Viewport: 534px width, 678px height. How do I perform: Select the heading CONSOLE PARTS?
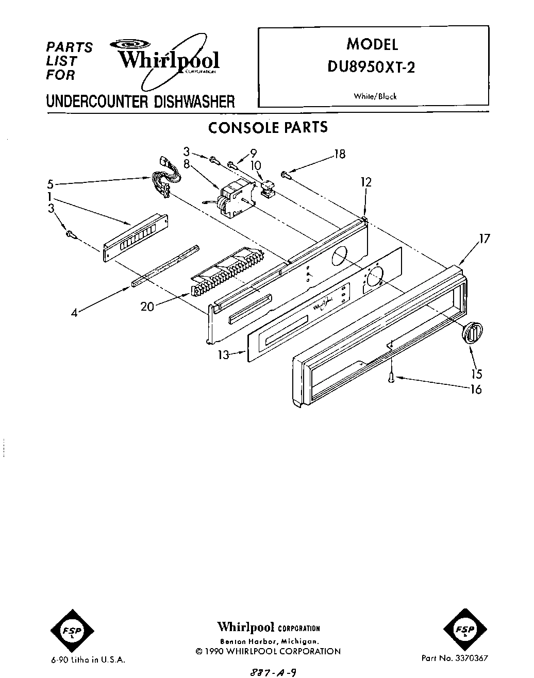pyautogui.click(x=268, y=127)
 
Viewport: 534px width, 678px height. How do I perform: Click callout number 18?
pyautogui.click(x=339, y=154)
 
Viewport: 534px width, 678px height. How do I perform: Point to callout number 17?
pyautogui.click(x=484, y=239)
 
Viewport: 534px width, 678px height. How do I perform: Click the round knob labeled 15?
pyautogui.click(x=472, y=332)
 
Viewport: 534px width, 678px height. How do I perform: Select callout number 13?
pyautogui.click(x=223, y=355)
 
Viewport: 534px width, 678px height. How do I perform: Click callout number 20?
pyautogui.click(x=147, y=307)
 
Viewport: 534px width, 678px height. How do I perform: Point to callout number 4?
pyautogui.click(x=74, y=312)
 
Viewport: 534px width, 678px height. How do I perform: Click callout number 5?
pyautogui.click(x=49, y=184)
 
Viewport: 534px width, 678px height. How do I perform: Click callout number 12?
pyautogui.click(x=366, y=182)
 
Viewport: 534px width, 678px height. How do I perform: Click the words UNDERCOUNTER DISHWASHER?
pyautogui.click(x=140, y=101)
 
